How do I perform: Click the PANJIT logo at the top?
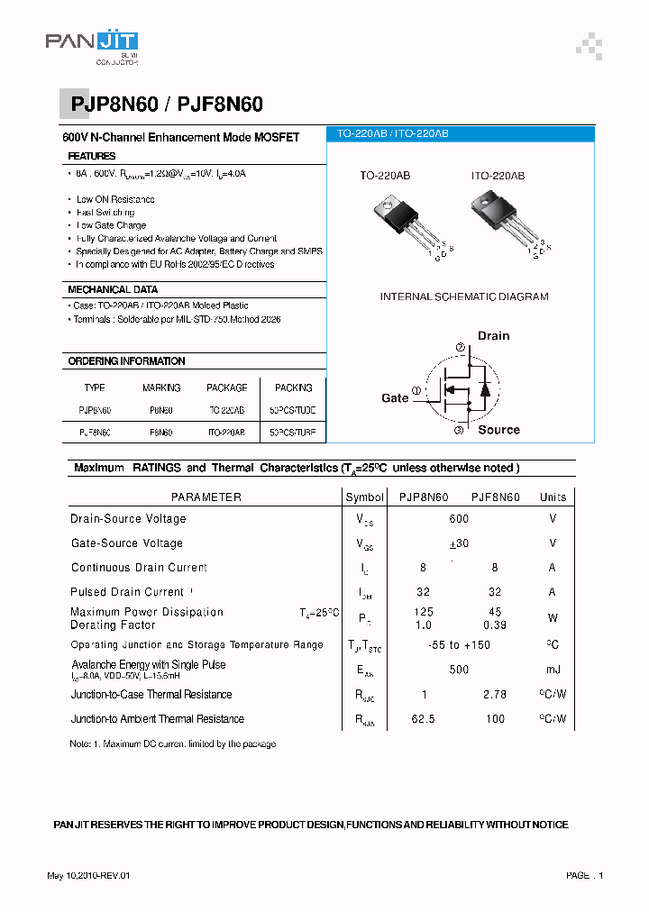point(92,46)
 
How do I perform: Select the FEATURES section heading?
point(92,156)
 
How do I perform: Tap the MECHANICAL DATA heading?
point(113,289)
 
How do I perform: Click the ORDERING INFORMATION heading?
point(126,361)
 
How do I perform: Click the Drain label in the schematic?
point(493,335)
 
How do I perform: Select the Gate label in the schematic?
point(395,397)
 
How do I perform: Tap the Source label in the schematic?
point(498,430)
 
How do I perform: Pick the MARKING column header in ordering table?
point(161,388)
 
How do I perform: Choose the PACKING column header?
point(294,388)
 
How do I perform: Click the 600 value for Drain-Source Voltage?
point(459,519)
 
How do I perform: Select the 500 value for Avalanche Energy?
point(459,670)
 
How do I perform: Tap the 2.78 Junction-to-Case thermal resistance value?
point(495,695)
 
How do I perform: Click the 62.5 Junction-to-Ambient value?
point(423,719)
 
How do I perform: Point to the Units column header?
point(553,497)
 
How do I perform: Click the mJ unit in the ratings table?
point(553,670)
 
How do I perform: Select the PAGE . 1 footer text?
point(584,875)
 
